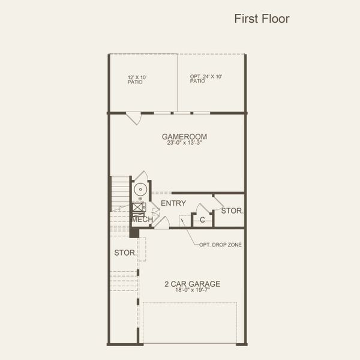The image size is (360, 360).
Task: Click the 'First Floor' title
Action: coord(262,19)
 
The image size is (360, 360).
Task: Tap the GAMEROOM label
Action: coord(184,137)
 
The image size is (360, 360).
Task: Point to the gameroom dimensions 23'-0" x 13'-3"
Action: coord(184,143)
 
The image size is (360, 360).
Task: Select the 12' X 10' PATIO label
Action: coord(137,79)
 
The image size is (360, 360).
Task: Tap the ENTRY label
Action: coord(173,203)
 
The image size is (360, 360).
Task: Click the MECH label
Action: coord(142,220)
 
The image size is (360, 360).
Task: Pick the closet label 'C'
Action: coord(202,220)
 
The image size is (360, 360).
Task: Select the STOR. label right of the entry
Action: coord(232,211)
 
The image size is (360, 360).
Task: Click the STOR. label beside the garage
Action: coord(125,253)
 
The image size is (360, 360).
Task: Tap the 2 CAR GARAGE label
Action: coord(192,284)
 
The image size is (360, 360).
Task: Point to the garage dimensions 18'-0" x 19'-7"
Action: coord(192,290)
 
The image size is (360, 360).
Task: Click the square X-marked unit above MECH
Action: coord(139,208)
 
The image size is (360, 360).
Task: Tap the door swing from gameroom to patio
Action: coord(134,118)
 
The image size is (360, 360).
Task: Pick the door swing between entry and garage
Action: coord(161,223)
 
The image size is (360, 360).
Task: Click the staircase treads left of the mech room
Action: coord(121,192)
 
